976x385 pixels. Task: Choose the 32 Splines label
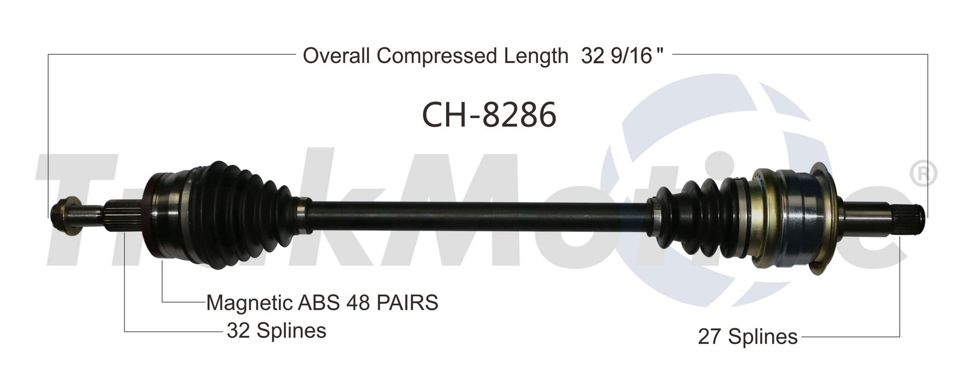[276, 330]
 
